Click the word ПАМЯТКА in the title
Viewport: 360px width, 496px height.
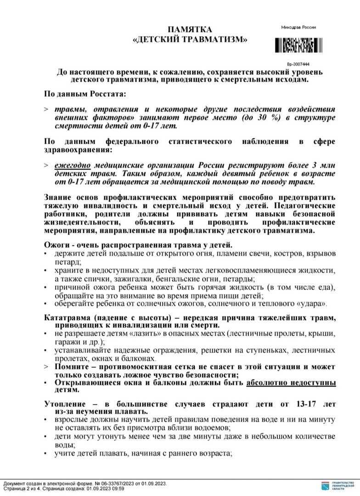click(190, 29)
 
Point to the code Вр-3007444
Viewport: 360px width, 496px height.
click(298, 64)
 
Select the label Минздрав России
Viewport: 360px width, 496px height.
click(298, 28)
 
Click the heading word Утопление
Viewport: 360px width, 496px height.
click(67, 404)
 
